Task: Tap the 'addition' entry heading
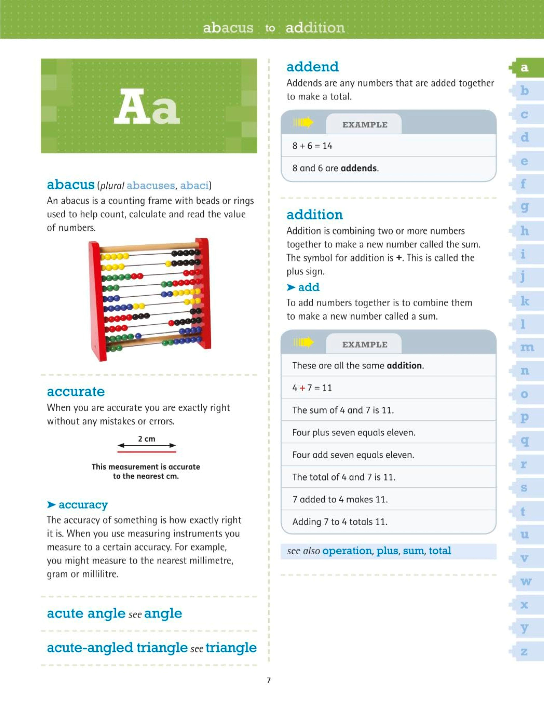(314, 215)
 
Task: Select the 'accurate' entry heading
(76, 391)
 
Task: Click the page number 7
(269, 680)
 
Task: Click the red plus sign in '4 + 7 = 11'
(302, 388)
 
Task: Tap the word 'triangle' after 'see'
(231, 647)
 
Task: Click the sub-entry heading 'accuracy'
(83, 505)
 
